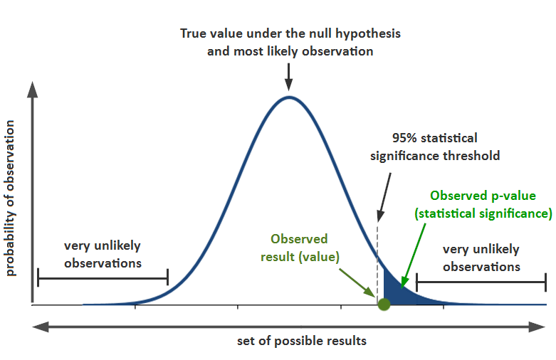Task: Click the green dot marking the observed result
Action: pyautogui.click(x=384, y=305)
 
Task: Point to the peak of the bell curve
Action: pyautogui.click(x=288, y=97)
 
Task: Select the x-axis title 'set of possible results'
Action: pyautogui.click(x=302, y=341)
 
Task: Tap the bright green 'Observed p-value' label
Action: pyautogui.click(x=483, y=204)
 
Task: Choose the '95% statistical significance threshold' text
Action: pyautogui.click(x=435, y=147)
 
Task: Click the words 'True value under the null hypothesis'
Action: pyautogui.click(x=290, y=34)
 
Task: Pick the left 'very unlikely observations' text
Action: pyautogui.click(x=103, y=254)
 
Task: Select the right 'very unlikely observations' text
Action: pyautogui.click(x=481, y=258)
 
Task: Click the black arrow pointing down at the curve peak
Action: pyautogui.click(x=288, y=75)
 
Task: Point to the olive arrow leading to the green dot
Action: pyautogui.click(x=356, y=282)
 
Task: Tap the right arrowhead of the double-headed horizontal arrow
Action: pyautogui.click(x=538, y=327)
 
